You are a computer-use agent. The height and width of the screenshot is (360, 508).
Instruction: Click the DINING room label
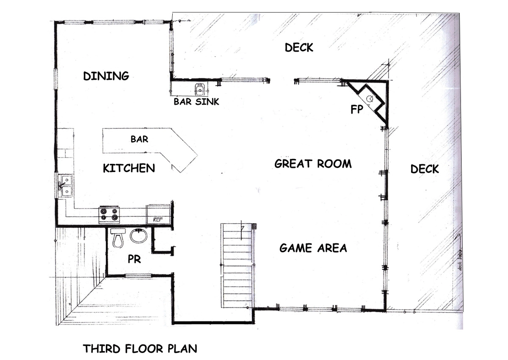pyautogui.click(x=106, y=76)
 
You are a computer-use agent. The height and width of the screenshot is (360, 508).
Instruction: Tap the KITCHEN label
pyautogui.click(x=129, y=168)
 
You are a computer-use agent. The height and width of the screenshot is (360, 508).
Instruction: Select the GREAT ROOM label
pyautogui.click(x=313, y=163)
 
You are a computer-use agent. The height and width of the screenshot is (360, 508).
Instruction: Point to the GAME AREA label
pyautogui.click(x=313, y=248)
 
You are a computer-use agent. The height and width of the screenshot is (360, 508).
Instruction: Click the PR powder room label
pyautogui.click(x=134, y=259)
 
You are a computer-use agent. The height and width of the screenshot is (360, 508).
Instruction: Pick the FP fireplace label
pyautogui.click(x=357, y=109)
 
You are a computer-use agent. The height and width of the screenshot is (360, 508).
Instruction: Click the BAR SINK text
pyautogui.click(x=196, y=102)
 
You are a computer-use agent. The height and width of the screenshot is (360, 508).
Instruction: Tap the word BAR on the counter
pyautogui.click(x=139, y=139)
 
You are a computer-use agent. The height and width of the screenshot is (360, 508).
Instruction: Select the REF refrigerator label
pyautogui.click(x=158, y=219)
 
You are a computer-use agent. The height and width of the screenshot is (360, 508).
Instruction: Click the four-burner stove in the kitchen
pyautogui.click(x=109, y=214)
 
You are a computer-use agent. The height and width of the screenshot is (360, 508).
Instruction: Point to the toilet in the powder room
pyautogui.click(x=118, y=238)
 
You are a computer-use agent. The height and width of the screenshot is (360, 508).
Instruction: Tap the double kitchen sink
pyautogui.click(x=65, y=186)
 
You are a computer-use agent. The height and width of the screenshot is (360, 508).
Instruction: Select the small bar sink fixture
pyautogui.click(x=200, y=89)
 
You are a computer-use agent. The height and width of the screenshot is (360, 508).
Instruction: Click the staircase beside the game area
pyautogui.click(x=237, y=266)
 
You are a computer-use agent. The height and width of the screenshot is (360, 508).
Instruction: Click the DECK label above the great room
pyautogui.click(x=299, y=47)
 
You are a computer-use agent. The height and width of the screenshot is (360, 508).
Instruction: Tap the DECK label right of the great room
pyautogui.click(x=425, y=169)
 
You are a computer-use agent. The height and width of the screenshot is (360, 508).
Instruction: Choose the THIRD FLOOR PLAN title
pyautogui.click(x=140, y=349)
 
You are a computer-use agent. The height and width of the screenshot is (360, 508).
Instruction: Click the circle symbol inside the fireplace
pyautogui.click(x=370, y=99)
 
